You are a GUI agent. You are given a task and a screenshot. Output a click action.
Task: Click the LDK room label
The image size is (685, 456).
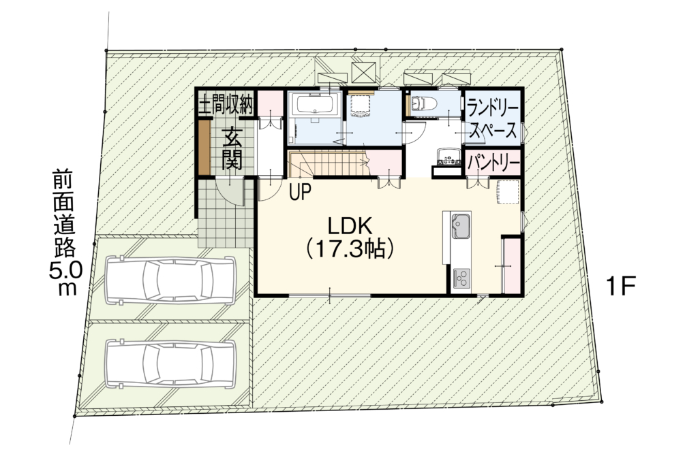pos(350,227)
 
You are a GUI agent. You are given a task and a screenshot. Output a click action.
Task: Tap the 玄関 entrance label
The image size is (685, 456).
pos(232,150)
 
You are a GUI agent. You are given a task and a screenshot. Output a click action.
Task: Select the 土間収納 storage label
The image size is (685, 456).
pos(226,105)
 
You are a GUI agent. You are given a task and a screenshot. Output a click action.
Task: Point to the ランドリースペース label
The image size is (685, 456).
pos(492,118)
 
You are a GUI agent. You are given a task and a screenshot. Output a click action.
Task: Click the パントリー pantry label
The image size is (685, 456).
pos(493,163)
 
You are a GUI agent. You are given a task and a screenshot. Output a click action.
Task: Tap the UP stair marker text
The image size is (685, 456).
pos(300,192)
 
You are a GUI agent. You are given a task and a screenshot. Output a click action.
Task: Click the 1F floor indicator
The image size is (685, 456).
pos(619,287)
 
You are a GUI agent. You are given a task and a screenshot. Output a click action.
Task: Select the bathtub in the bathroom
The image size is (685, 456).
pos(314,105)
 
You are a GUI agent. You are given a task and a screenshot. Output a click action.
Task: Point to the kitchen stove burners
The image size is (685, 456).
pos(461,278)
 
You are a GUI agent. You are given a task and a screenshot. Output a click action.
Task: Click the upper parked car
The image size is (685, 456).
pos(170,280)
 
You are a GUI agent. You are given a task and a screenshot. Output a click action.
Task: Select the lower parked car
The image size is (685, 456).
pos(170,363)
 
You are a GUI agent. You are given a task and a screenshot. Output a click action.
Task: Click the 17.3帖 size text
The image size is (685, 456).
pos(350,249)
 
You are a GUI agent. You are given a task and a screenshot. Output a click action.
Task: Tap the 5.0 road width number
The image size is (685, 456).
pos(65,272)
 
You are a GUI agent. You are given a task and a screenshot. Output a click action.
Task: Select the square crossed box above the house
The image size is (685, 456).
pos(363,72)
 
